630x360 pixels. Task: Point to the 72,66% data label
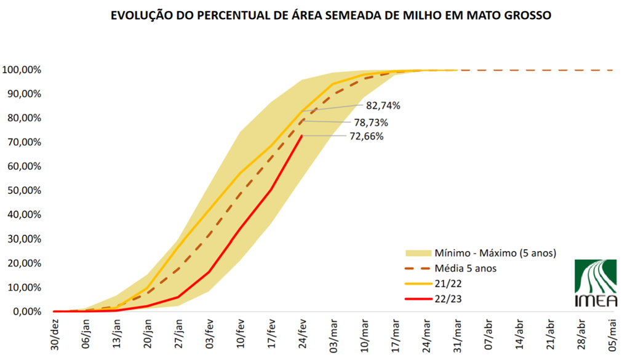(x=367, y=136)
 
